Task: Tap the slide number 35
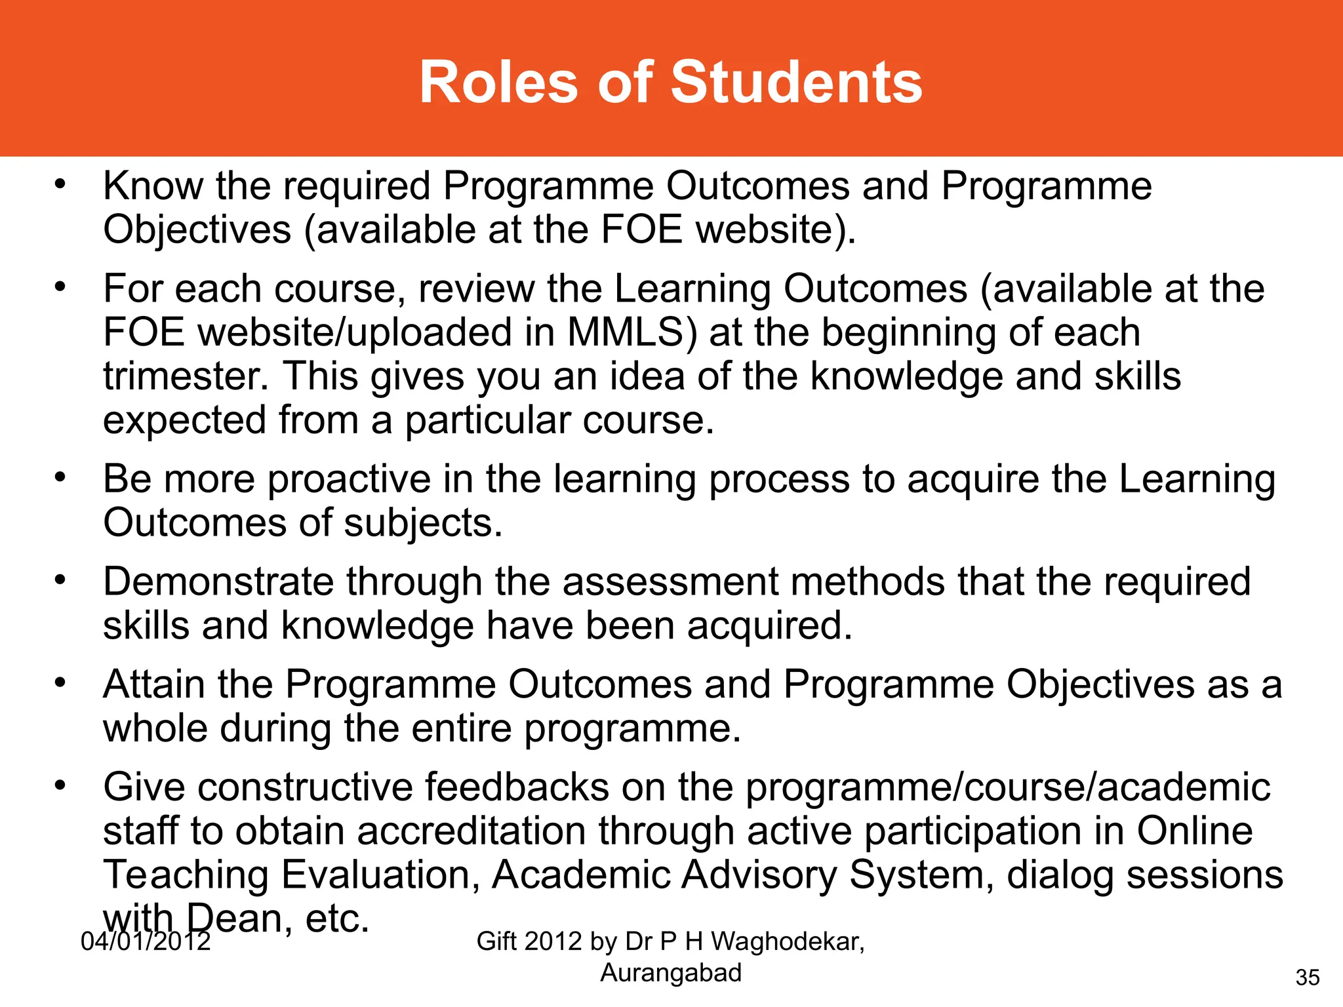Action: (x=1308, y=977)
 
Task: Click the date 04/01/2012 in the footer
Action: (x=146, y=941)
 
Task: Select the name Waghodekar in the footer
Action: (x=787, y=941)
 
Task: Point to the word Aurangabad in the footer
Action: (x=671, y=972)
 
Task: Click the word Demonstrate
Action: (x=218, y=582)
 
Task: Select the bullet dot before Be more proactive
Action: (x=60, y=477)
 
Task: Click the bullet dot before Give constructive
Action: (x=60, y=784)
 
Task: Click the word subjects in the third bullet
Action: (x=422, y=523)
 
